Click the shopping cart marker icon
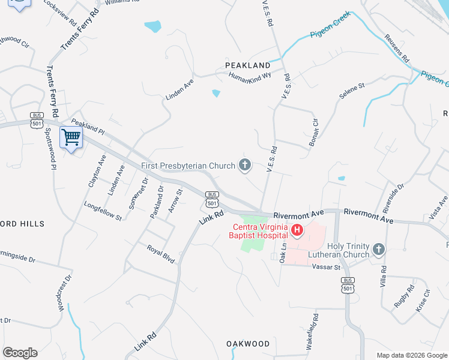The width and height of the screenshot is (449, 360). [x=71, y=138]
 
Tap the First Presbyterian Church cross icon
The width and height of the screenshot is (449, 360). [x=244, y=164]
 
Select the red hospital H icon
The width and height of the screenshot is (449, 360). [x=297, y=230]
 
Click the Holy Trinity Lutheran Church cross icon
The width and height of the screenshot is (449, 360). [x=378, y=249]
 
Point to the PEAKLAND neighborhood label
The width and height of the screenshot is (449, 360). [x=247, y=65]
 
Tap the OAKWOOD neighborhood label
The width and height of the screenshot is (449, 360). [x=248, y=344]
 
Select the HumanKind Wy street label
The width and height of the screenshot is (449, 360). [x=250, y=77]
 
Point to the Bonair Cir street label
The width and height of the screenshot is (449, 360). [x=315, y=130]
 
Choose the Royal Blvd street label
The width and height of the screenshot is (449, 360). [x=161, y=254]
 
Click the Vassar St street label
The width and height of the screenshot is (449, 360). [x=325, y=267]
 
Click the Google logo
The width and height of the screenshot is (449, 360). [x=20, y=352]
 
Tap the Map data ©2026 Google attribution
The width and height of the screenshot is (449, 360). [x=411, y=355]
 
